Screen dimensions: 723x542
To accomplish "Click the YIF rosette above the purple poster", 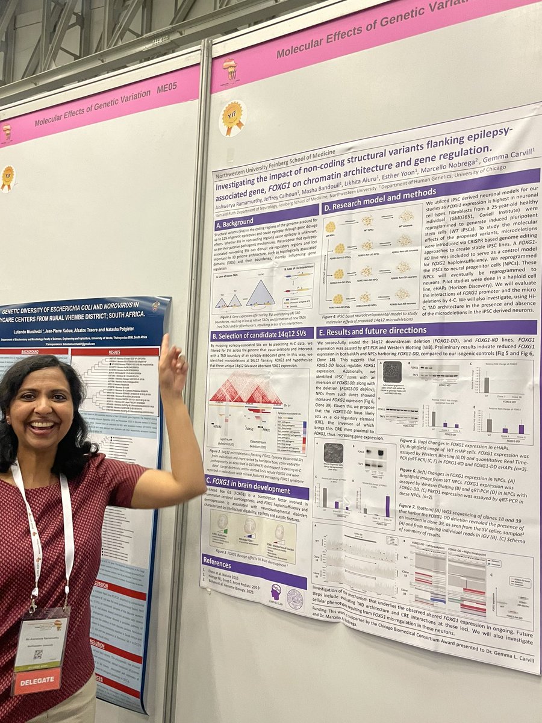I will pyautogui.click(x=232, y=117).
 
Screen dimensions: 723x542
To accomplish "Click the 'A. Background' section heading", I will pyautogui.click(x=237, y=225).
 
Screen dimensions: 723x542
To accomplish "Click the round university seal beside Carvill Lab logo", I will pyautogui.click(x=294, y=599).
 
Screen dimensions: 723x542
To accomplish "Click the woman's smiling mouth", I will pyautogui.click(x=42, y=427).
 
